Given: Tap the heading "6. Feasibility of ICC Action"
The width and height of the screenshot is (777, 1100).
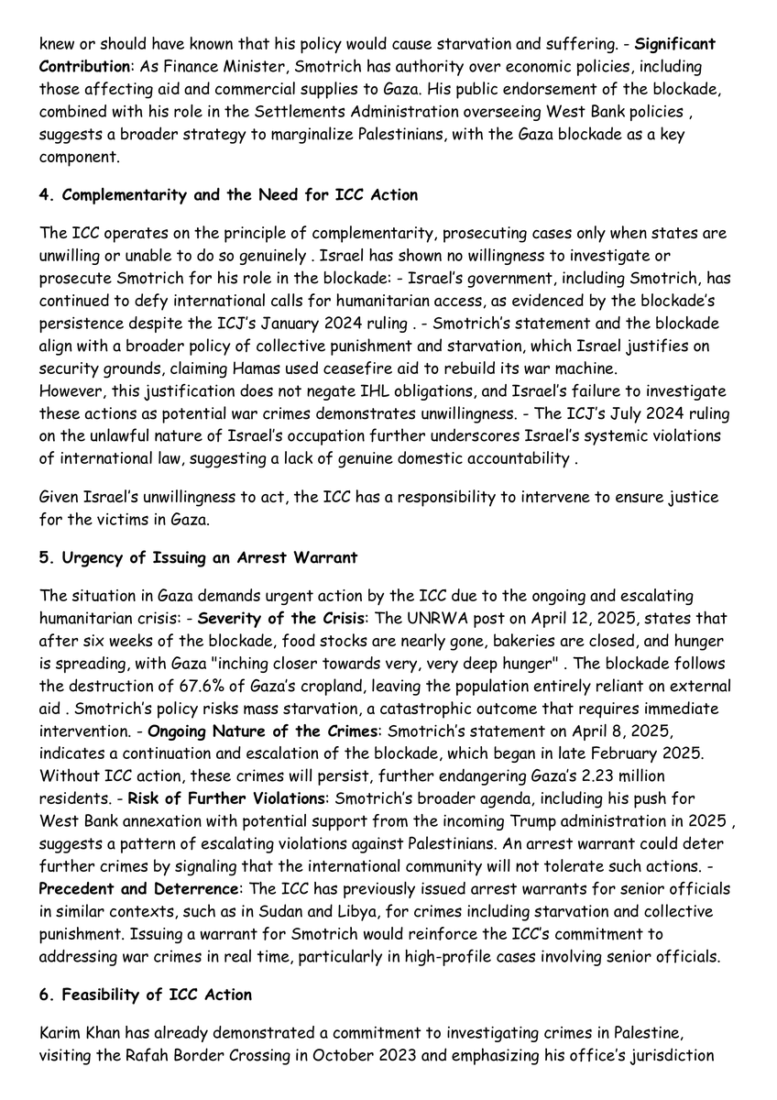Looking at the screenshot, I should click(146, 995).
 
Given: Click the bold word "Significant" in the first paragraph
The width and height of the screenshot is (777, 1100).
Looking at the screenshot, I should click(675, 44).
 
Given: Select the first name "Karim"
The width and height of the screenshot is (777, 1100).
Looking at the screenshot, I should click(60, 1033).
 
